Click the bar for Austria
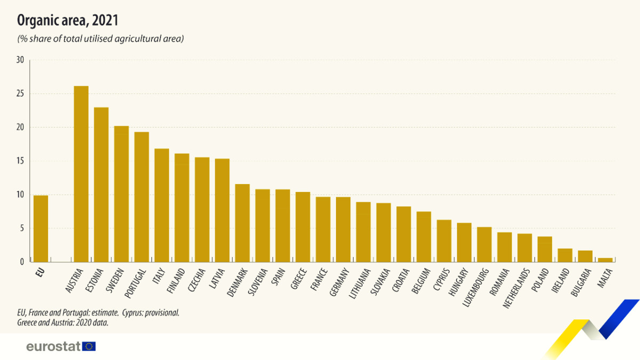81,174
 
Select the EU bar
41,229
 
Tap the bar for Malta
605,260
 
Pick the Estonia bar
101,185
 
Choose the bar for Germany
343,229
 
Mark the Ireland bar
565,255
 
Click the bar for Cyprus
444,241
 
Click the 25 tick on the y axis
20,94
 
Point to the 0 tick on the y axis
22,262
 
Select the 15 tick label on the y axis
20,161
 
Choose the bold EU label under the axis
40,271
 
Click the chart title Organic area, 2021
68,21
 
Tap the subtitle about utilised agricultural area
101,38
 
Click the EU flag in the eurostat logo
89,346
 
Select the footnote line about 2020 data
63,322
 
